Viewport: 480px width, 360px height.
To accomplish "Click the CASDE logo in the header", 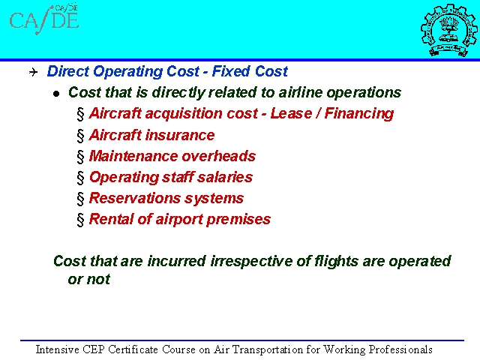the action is click(44, 19).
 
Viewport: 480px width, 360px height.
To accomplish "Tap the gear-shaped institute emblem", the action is click(448, 30).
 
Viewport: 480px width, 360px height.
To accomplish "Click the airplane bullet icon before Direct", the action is click(33, 72).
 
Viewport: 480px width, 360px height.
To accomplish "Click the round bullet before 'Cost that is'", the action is click(56, 94).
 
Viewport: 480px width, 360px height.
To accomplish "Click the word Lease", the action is click(291, 113).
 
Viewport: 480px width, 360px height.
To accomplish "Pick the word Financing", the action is click(358, 114).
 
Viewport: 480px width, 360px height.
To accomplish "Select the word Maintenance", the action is click(133, 156).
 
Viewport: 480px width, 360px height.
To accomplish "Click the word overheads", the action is click(218, 156).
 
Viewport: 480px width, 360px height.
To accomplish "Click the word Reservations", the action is click(134, 198).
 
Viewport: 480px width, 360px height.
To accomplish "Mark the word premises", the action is click(238, 220).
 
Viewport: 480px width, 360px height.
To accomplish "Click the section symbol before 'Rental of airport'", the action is click(80, 220).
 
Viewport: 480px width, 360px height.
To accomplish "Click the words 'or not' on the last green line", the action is click(88, 279).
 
